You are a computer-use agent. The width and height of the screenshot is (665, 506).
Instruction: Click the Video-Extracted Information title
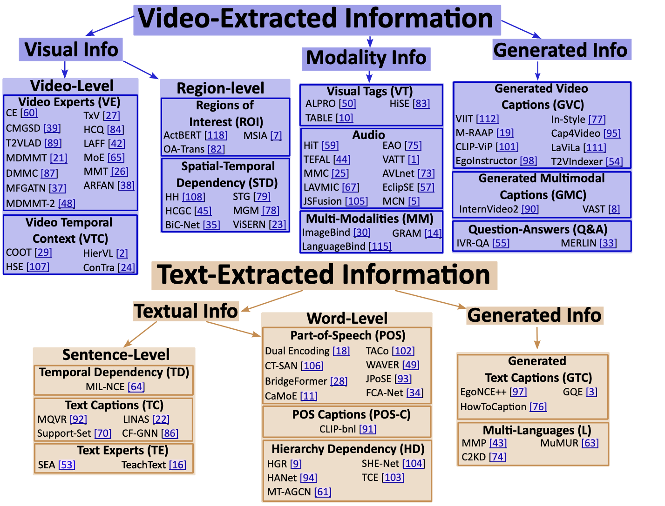315,19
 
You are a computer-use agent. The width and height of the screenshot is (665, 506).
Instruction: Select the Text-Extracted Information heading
323,274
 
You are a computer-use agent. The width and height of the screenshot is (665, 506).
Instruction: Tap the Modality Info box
366,58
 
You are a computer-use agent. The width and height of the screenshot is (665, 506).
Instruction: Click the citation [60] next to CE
29,113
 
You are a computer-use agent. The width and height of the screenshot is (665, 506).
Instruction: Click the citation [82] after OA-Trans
216,149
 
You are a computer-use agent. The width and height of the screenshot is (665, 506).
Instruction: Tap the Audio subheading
368,135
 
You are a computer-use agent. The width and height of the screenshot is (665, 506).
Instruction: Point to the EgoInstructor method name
486,161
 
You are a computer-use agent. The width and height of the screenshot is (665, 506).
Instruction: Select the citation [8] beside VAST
614,209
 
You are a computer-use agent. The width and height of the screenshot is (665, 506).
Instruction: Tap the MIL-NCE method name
105,387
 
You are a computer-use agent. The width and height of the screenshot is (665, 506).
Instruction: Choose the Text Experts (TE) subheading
122,450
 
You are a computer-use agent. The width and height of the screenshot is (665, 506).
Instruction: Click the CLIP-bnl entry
338,429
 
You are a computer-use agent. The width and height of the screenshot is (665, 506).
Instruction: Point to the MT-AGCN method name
289,492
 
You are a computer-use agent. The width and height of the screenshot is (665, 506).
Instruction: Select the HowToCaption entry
493,407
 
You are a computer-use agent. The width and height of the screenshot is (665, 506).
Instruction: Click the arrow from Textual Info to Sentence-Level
140,334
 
